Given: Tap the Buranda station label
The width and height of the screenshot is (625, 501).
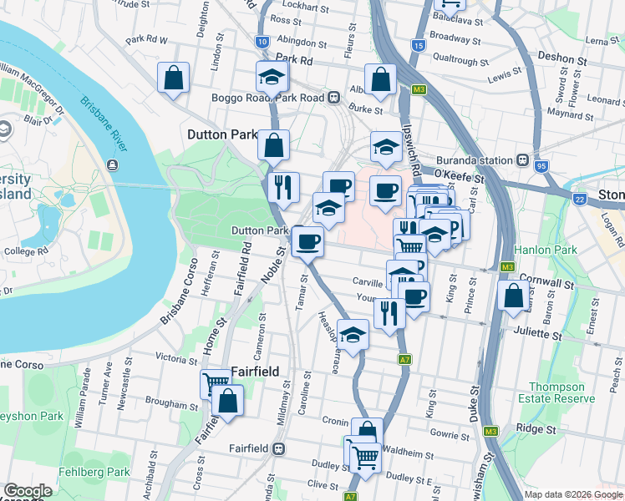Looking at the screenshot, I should (x=479, y=159).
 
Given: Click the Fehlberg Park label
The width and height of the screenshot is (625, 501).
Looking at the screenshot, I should (x=94, y=472).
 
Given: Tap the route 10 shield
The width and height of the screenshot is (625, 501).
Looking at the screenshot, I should (x=262, y=42).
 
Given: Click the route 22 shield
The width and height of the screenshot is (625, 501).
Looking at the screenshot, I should (x=579, y=199).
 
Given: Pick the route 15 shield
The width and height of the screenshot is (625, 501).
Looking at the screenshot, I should (x=419, y=45).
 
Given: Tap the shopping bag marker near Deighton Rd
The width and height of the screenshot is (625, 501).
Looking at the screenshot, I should (x=174, y=78).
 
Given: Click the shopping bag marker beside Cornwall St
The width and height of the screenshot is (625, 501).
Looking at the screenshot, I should (x=513, y=296).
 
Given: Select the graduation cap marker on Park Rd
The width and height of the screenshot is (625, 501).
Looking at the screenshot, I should (x=272, y=77).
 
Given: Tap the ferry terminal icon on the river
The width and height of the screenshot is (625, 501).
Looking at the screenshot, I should (x=112, y=164).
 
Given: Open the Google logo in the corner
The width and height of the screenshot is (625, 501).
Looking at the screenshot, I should (x=28, y=491).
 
